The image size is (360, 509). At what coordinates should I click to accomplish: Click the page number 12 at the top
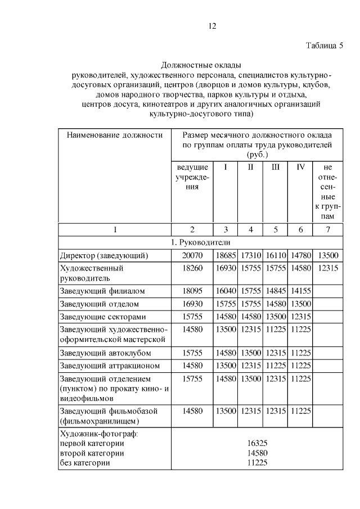pos(212,26)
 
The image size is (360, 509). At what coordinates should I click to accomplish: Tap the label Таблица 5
pos(324,46)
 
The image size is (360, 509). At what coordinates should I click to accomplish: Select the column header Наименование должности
pos(115,135)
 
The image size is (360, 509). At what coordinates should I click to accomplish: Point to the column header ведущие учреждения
pos(192,177)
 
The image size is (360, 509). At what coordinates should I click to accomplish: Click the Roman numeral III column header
pos(276,167)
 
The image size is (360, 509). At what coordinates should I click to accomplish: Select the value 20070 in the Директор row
pos(192,255)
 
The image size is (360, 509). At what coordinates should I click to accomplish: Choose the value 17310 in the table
pos(250,255)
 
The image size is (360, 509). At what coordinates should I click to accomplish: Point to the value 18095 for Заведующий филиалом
pos(192,291)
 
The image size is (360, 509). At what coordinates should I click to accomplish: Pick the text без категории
pos(84,463)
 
